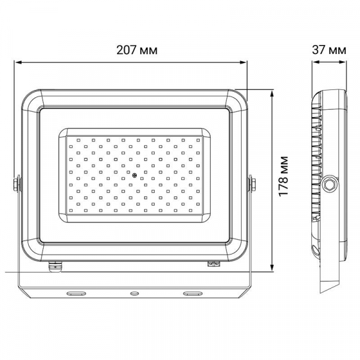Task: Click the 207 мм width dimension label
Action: point(137,50)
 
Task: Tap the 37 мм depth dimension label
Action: point(329,50)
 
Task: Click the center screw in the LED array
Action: point(134,176)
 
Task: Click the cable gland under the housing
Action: point(56,266)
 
